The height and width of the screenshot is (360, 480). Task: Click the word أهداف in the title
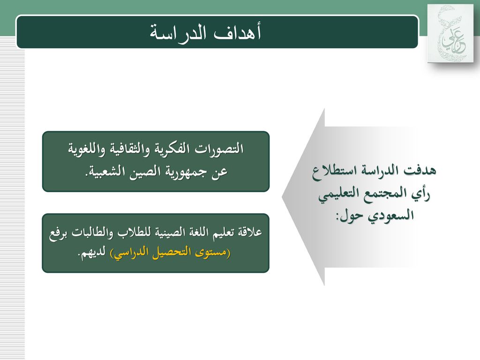[238, 33]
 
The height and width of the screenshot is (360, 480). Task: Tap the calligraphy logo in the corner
[450, 33]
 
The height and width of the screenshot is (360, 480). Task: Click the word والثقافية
[126, 149]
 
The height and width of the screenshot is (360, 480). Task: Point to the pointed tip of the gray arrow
[282, 197]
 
